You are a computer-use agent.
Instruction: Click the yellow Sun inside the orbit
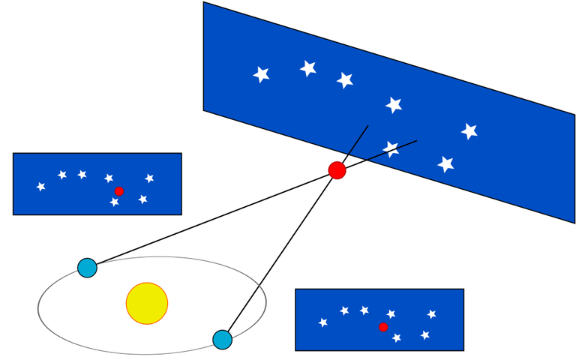[x=147, y=304]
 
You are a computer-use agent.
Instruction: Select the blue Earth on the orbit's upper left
[x=88, y=268]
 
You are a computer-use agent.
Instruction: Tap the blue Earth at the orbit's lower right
[x=222, y=340]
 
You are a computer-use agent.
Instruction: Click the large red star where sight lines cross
[x=337, y=170]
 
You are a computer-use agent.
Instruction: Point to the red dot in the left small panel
[x=119, y=191]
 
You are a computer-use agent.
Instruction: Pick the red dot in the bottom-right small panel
[x=383, y=327]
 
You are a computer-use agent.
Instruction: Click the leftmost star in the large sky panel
[x=261, y=74]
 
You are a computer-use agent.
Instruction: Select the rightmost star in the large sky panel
[x=469, y=131]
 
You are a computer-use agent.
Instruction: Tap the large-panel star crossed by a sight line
[x=391, y=148]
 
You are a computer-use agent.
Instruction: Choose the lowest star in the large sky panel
[x=446, y=163]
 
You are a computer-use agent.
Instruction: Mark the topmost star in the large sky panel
[x=307, y=68]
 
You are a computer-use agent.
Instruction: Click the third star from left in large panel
[x=345, y=79]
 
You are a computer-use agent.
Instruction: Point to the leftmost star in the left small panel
[x=41, y=186]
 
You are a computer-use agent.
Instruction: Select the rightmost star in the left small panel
[x=149, y=178]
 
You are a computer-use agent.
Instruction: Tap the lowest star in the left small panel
[x=114, y=202]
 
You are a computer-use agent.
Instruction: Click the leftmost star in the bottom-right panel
[x=323, y=322]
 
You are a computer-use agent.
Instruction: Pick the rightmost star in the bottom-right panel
[x=431, y=314]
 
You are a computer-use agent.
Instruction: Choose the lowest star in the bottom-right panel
[x=396, y=337]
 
